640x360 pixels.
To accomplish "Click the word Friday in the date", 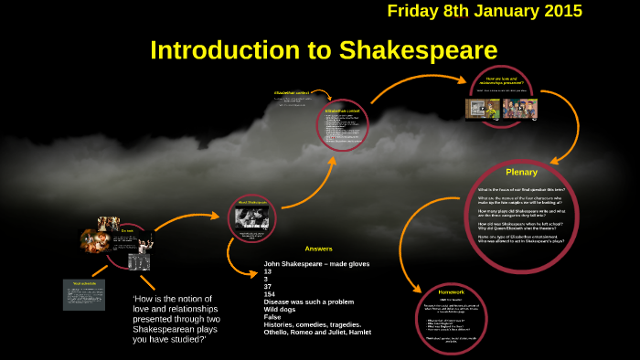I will click(413, 12).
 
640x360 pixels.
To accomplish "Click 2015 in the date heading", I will click(558, 12).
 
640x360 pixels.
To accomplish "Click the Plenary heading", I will click(521, 172).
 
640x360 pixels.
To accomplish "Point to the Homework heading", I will click(452, 291).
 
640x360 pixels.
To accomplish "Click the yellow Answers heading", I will click(319, 249).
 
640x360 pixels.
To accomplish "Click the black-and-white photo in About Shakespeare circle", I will click(251, 217).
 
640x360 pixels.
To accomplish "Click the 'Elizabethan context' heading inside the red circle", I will click(342, 111).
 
